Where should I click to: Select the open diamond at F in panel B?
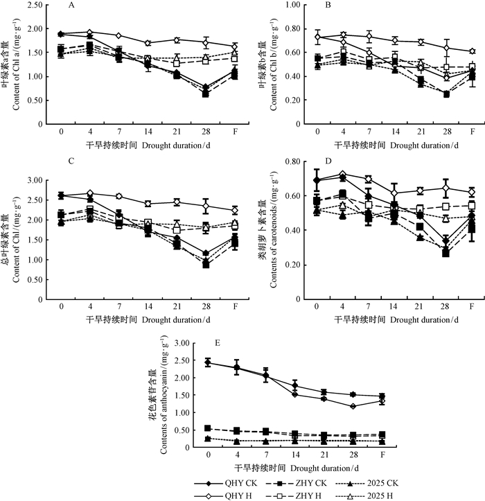[472, 51]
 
